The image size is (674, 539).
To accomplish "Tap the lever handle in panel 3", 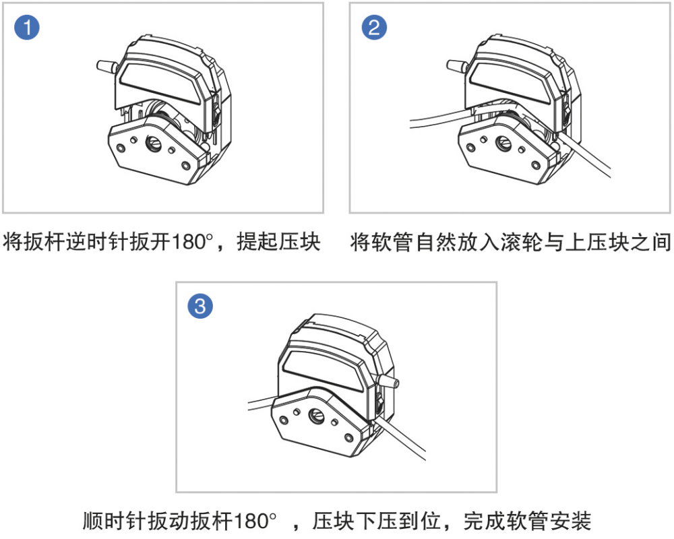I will [390, 382].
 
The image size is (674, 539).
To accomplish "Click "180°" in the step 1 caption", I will [194, 242].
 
